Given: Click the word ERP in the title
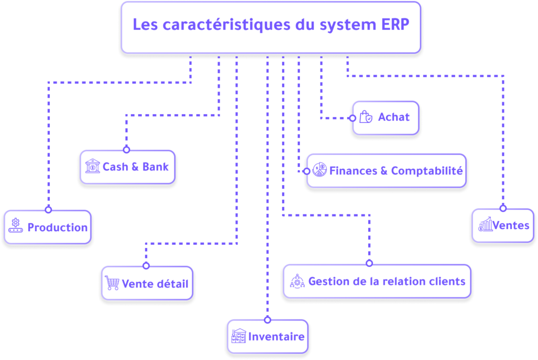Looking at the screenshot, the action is (x=395, y=25).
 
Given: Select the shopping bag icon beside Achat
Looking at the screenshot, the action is (x=366, y=117).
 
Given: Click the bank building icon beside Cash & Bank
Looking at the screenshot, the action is (x=92, y=166).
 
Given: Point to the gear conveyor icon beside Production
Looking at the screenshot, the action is (x=15, y=225).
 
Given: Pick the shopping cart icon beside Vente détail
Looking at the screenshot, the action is (x=112, y=283).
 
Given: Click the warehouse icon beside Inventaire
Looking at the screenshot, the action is (x=239, y=336).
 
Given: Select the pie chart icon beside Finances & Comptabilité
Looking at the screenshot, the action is (x=319, y=170).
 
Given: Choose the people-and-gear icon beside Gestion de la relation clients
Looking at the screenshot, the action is (x=297, y=281).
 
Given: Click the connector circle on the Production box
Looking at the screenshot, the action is (x=48, y=210).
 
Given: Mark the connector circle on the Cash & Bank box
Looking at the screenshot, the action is (x=127, y=150).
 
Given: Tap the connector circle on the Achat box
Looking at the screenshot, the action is (x=353, y=118).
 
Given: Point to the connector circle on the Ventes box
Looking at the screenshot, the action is (x=503, y=208).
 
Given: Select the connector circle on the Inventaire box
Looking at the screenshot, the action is (x=267, y=320).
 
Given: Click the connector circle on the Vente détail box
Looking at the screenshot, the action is (x=146, y=265).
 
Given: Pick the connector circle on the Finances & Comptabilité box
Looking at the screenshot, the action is (x=307, y=171).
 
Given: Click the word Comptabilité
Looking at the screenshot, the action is (x=427, y=171).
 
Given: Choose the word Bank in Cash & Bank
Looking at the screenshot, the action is (x=156, y=167).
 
